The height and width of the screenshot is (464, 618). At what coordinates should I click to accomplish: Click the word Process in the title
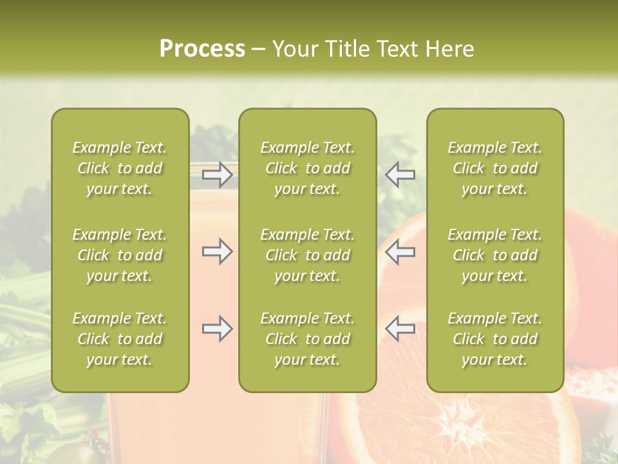[202, 49]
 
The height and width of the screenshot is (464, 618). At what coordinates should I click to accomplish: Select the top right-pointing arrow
[218, 174]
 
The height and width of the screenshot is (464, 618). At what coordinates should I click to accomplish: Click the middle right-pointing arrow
[218, 251]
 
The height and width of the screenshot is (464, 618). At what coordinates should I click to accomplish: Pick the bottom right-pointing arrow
[218, 329]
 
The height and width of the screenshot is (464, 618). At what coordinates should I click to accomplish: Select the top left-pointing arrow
[400, 174]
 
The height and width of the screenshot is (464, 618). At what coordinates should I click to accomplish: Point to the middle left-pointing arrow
[400, 251]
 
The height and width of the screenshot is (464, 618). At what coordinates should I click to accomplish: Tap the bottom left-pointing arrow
[400, 329]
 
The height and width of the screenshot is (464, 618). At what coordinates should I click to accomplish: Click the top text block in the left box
[120, 168]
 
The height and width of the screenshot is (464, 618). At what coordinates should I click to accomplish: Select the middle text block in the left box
[120, 255]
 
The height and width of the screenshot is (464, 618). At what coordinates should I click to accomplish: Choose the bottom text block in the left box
[120, 339]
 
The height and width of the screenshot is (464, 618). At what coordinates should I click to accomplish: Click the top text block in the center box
[307, 168]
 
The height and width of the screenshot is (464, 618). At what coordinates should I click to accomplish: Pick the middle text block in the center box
[307, 255]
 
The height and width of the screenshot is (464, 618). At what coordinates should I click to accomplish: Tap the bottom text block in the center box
[307, 339]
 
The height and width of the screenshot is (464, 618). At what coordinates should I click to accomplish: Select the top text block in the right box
[494, 168]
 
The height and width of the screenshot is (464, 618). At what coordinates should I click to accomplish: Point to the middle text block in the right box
[494, 255]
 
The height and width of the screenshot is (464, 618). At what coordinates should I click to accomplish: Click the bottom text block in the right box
[494, 339]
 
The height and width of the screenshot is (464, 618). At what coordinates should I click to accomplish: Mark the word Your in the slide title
[295, 49]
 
